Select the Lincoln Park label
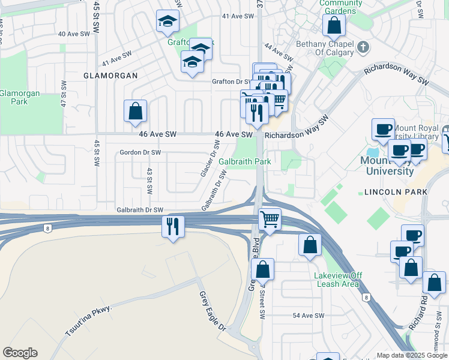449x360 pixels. point(396,191)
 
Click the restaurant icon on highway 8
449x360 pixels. point(173,226)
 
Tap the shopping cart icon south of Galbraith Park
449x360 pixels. point(270,219)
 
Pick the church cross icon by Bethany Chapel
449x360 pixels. point(363,47)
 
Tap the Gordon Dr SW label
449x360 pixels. point(140,152)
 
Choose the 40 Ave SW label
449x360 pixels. point(74,34)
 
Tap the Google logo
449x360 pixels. point(20,353)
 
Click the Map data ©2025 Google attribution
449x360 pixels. point(412,355)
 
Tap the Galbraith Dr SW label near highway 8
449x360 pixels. point(140,210)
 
